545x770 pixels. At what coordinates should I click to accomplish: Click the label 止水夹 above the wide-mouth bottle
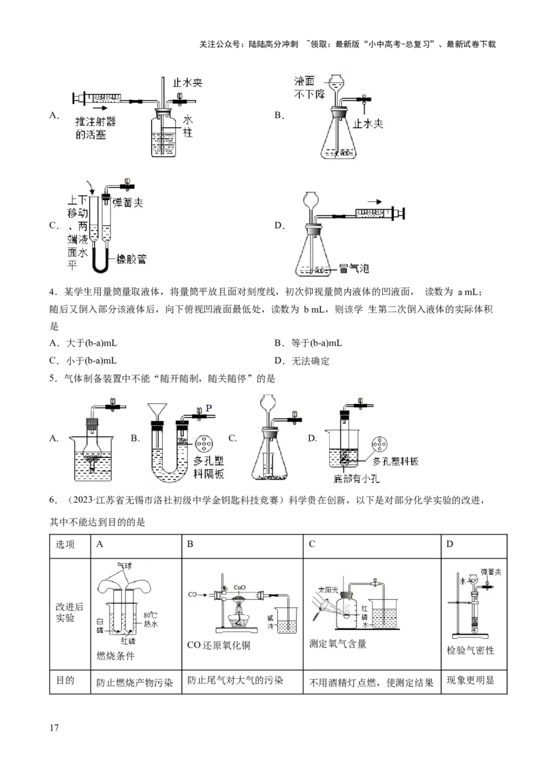coord(188,82)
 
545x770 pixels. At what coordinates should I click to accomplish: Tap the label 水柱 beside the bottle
coord(188,127)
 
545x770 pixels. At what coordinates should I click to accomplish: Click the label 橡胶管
coord(131,258)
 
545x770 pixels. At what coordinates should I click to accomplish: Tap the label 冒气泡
coord(354,269)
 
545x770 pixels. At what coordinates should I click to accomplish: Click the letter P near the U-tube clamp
coord(209,407)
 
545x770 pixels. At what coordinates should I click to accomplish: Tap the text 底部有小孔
coord(356,479)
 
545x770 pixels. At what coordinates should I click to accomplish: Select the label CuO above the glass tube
coord(240,586)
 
